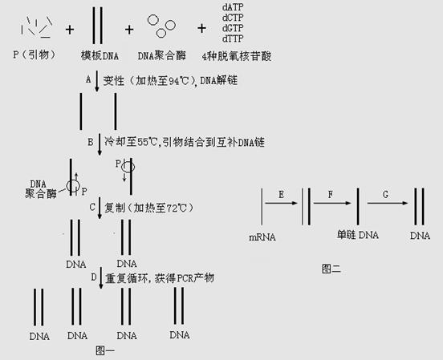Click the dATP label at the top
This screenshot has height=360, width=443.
[233, 6]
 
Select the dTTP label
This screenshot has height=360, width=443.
[233, 38]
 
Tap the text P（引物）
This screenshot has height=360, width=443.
[35, 55]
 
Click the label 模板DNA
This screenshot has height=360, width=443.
[100, 55]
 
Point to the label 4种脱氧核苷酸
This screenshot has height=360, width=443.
[237, 56]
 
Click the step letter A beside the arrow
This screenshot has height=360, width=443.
[88, 79]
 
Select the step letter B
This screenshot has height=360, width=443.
[91, 142]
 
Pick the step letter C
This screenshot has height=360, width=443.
[92, 207]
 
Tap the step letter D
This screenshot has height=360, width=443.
[94, 277]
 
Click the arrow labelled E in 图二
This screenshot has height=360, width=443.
[281, 203]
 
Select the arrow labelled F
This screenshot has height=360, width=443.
[332, 203]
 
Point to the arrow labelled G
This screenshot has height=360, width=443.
[388, 203]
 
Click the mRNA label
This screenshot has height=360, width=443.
[262, 237]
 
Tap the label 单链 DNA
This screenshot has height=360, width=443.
[358, 235]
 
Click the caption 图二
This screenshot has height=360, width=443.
[331, 269]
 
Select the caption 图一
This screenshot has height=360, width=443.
[105, 350]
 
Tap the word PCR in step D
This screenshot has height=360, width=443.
[185, 278]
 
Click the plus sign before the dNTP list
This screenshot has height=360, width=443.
[201, 28]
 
